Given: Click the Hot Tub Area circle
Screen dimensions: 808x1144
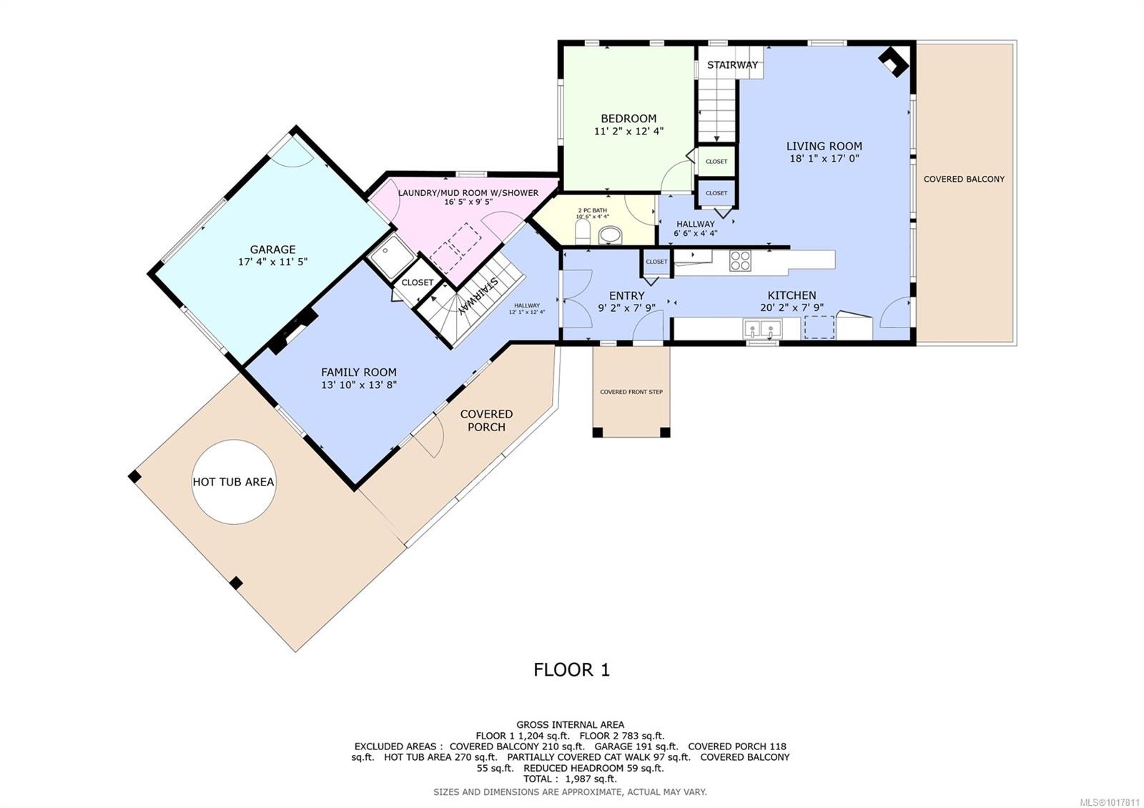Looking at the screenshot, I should [x=233, y=481].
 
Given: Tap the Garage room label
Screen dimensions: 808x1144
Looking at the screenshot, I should [x=272, y=250].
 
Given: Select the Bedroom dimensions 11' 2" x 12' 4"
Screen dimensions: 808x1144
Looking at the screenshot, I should [x=628, y=132].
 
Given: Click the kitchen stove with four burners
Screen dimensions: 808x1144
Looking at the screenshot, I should [x=740, y=260].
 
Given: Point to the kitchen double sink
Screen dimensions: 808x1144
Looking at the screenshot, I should [x=762, y=329].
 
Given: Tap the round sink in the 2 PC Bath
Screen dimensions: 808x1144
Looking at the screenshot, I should [x=611, y=235].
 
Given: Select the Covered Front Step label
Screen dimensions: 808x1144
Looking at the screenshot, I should [x=631, y=392].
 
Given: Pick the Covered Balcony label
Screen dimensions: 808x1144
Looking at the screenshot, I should [x=964, y=179].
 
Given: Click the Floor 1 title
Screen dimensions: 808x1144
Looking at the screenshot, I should [x=571, y=670].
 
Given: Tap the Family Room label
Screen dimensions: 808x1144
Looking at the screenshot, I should [x=358, y=372].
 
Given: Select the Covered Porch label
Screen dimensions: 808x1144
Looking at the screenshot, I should [x=486, y=420].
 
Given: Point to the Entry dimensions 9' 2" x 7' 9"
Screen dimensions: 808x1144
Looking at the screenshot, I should [x=626, y=308].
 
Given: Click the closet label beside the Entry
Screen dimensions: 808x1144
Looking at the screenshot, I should [x=656, y=262].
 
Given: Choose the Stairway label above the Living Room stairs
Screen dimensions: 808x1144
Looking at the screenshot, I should [x=732, y=65].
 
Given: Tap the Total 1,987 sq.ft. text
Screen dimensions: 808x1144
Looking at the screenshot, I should [x=570, y=779].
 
